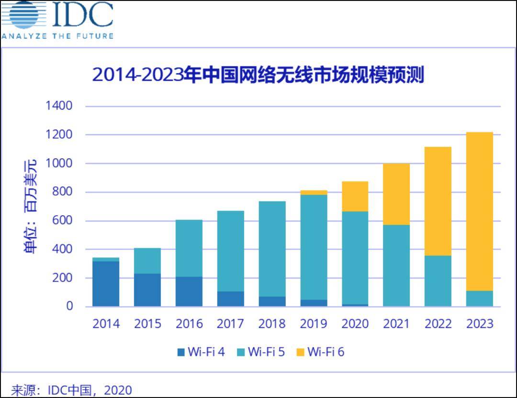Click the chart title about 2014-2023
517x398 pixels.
(258, 75)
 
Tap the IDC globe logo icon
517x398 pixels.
(23, 15)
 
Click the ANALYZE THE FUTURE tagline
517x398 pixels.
(57, 36)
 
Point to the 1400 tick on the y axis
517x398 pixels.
(59, 106)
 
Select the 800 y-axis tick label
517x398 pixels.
(61, 192)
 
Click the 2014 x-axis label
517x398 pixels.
(106, 324)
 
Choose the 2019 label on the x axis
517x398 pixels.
(314, 324)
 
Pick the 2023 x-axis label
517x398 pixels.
(480, 324)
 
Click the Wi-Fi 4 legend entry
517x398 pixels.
(201, 352)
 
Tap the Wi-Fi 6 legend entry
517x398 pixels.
(320, 352)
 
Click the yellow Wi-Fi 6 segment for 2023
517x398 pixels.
(480, 210)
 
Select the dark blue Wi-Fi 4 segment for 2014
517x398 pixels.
(106, 283)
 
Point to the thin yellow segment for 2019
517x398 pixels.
(314, 192)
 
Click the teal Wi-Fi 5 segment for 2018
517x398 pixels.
(272, 249)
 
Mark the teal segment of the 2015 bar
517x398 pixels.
(147, 261)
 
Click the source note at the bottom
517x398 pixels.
(71, 390)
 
